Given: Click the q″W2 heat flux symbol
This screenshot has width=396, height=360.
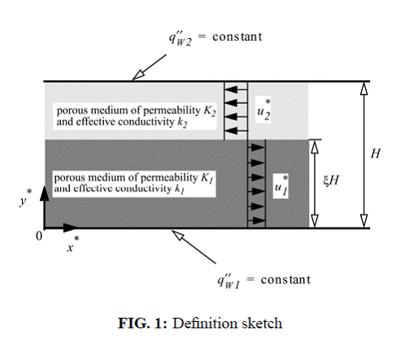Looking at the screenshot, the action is pyautogui.click(x=181, y=38).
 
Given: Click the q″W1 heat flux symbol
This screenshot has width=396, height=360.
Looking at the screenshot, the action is pyautogui.click(x=229, y=281).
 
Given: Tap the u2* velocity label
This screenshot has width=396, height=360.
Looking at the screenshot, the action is pyautogui.click(x=263, y=110).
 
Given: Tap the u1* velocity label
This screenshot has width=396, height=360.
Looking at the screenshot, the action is pyautogui.click(x=281, y=185).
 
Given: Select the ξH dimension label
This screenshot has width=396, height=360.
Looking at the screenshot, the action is pyautogui.click(x=331, y=180).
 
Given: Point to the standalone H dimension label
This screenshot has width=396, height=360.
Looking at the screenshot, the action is pyautogui.click(x=376, y=154).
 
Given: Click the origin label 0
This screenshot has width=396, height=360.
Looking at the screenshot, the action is pyautogui.click(x=39, y=236).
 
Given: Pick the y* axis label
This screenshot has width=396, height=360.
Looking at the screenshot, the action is pyautogui.click(x=25, y=197).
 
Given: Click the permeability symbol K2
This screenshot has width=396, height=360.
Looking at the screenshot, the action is pyautogui.click(x=210, y=111).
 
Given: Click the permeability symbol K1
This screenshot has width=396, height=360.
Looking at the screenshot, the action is pyautogui.click(x=207, y=178).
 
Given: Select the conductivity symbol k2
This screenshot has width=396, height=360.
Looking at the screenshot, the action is pyautogui.click(x=182, y=123).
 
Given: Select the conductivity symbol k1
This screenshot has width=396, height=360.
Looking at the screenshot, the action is pyautogui.click(x=180, y=189).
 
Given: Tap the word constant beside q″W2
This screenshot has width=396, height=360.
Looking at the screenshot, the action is pyautogui.click(x=237, y=37).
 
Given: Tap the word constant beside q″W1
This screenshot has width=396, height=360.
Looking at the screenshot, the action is pyautogui.click(x=285, y=280).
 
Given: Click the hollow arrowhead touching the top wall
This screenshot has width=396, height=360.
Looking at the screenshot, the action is pyautogui.click(x=137, y=76).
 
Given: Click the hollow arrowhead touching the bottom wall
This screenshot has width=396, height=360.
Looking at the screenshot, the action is pyautogui.click(x=178, y=235).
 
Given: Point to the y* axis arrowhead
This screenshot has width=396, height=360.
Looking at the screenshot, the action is pyautogui.click(x=45, y=193).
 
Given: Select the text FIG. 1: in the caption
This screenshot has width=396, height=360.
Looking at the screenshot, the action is pyautogui.click(x=143, y=323).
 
